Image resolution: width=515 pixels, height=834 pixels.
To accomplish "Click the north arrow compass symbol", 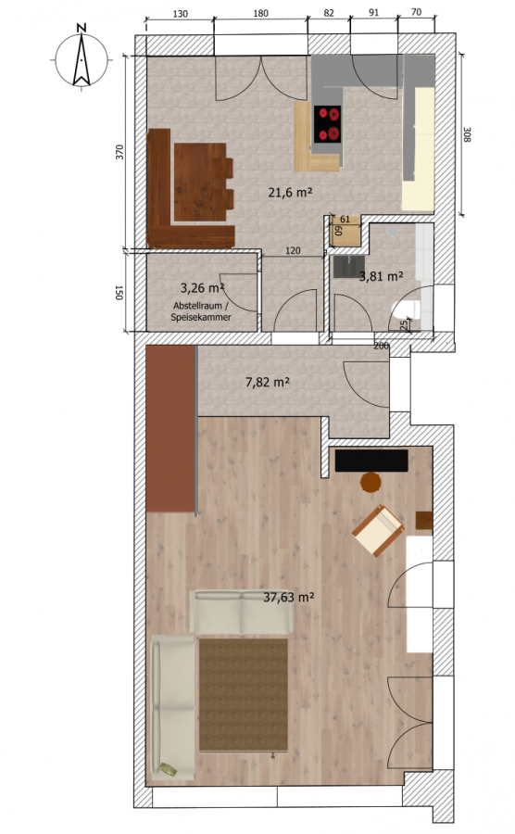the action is [x=82, y=57].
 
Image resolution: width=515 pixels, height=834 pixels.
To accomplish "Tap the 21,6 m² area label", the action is [x=290, y=192].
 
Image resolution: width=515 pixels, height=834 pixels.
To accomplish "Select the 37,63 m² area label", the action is [x=289, y=598].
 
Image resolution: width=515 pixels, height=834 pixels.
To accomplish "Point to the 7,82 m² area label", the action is [x=268, y=382].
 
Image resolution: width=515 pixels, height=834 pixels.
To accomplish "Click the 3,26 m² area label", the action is [x=202, y=288].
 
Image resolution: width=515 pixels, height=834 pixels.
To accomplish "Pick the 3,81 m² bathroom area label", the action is [x=381, y=276].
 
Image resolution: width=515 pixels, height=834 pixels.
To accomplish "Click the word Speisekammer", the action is [x=201, y=317].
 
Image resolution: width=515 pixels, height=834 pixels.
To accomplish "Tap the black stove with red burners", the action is [x=327, y=124].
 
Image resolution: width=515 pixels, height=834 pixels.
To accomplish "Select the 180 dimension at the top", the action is [x=260, y=13].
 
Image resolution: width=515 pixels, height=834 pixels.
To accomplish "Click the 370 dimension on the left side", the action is [x=119, y=152].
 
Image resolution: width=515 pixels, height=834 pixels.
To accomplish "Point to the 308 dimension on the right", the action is [x=467, y=134].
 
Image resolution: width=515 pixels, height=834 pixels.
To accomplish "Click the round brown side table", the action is [x=371, y=483].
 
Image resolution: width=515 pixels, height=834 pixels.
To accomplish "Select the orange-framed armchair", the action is [x=378, y=531].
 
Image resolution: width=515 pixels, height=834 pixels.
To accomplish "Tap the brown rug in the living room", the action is [x=244, y=695].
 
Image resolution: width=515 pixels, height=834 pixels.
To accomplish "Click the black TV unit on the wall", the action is [x=371, y=461].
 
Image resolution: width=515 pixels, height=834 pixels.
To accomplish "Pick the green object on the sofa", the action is [x=169, y=769].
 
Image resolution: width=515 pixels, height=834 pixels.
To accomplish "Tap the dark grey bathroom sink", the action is [x=349, y=267].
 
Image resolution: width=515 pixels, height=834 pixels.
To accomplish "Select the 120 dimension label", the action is [x=293, y=250].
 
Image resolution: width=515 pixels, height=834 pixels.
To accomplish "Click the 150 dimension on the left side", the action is [x=119, y=293].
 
